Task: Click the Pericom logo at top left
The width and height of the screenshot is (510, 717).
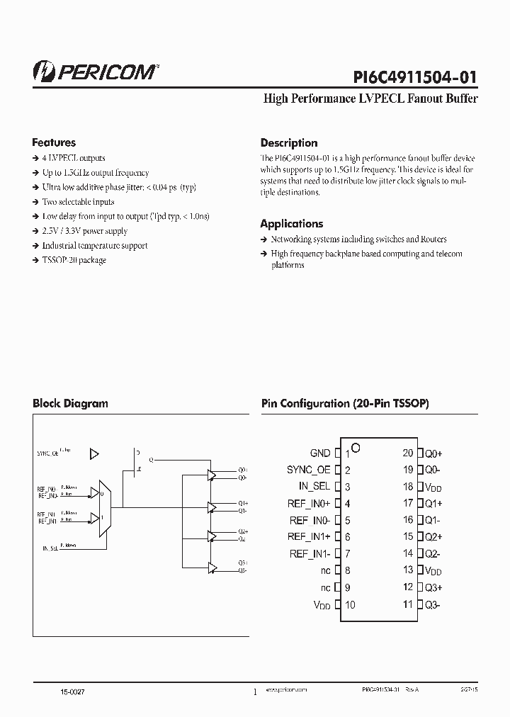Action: coord(96,72)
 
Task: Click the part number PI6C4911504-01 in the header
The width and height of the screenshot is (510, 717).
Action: coord(414,77)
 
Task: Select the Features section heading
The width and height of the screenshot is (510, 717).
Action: coord(54,142)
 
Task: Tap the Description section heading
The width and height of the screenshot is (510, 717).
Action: coord(289,143)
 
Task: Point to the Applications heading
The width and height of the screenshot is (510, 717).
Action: coord(292,224)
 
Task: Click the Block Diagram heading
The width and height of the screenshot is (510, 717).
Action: coord(70,404)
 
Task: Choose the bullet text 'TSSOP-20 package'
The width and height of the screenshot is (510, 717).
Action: coord(74,260)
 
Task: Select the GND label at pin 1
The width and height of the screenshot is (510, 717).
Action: coord(320,453)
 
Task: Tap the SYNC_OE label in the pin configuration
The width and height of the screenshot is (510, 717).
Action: coord(309,470)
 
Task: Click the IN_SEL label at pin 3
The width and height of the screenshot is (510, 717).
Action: coord(314,487)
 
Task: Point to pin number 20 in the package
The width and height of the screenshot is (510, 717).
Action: coord(408,453)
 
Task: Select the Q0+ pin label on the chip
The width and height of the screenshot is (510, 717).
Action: coord(433,453)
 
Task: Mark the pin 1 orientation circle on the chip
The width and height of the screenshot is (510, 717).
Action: coord(356,448)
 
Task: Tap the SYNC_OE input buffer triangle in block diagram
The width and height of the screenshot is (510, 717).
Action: coord(96,454)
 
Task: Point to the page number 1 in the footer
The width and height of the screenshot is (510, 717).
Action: coord(254,692)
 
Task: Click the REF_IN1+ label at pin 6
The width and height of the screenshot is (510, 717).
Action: coord(310,537)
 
